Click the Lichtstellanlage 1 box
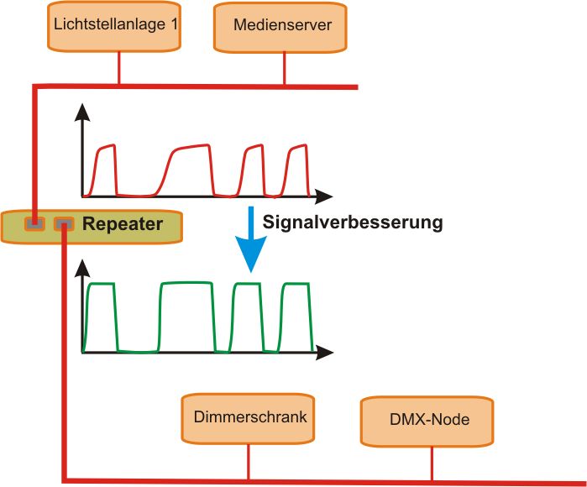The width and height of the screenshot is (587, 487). [115, 26]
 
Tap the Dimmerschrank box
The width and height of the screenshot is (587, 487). [249, 418]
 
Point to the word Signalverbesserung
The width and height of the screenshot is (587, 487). [352, 223]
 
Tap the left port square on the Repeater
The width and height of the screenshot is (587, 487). [34, 223]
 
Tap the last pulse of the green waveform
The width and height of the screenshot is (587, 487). [296, 315]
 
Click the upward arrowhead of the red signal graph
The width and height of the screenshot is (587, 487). [81, 113]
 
